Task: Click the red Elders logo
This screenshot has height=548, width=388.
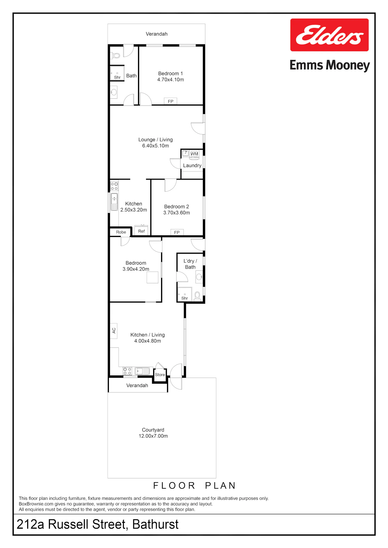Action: (329, 35)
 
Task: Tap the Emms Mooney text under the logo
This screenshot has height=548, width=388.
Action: (330, 65)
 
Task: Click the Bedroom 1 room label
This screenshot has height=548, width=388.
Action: (170, 74)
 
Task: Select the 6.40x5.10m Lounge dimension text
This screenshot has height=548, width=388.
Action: (155, 146)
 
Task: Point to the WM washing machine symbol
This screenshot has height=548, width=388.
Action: (194, 154)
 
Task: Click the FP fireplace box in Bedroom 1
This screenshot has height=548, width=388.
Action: (170, 101)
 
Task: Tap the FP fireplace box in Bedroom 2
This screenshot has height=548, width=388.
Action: (177, 232)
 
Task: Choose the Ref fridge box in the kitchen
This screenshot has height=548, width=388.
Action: (141, 231)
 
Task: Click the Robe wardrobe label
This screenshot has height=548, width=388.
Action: (121, 232)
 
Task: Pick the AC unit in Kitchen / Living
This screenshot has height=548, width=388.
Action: (114, 331)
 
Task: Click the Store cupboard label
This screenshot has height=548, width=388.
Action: (160, 375)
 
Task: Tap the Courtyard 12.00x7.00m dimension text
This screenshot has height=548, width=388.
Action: (153, 436)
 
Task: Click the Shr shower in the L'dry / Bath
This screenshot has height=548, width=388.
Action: (185, 294)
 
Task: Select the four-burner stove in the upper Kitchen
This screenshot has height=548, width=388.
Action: (114, 186)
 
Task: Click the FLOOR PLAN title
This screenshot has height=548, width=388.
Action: (194, 486)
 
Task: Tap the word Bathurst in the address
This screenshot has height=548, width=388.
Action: (155, 524)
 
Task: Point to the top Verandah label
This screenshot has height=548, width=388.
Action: (156, 34)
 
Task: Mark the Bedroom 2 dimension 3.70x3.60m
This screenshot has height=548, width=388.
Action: (177, 213)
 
